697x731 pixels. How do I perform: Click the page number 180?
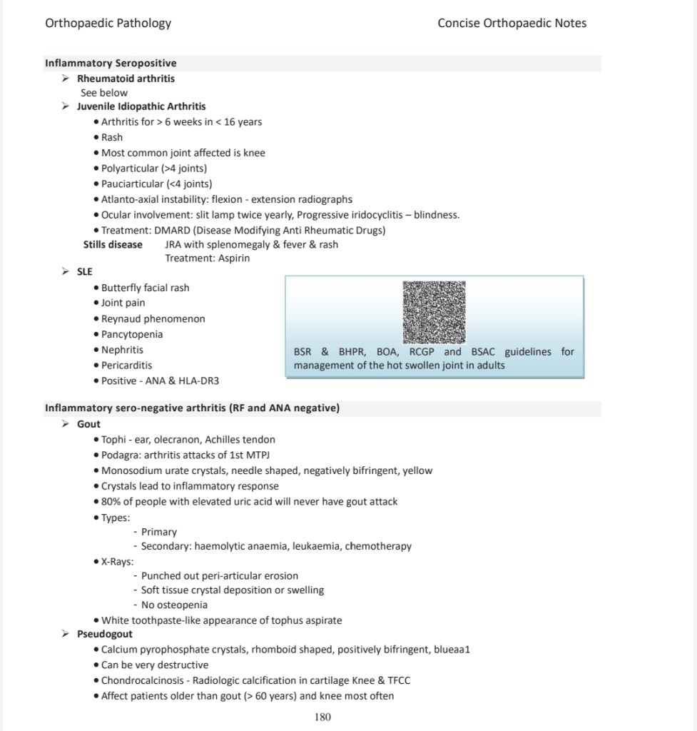tap(322, 717)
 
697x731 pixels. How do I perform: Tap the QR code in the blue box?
tap(434, 312)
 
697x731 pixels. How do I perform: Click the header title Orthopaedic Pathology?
tap(108, 23)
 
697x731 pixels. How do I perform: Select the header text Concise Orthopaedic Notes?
tap(512, 23)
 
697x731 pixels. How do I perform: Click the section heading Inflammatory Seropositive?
tap(111, 63)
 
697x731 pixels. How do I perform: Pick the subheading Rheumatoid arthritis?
tap(126, 78)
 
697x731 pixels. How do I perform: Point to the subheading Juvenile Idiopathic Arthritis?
tap(141, 106)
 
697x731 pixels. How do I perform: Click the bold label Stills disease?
tap(113, 244)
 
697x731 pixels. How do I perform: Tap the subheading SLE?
tap(85, 272)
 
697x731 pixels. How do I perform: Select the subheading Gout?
tap(88, 424)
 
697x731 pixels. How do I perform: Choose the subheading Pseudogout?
tap(104, 634)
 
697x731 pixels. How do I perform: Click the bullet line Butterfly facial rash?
tap(145, 288)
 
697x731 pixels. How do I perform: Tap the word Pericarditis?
tap(126, 365)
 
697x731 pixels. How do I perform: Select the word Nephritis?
tap(122, 350)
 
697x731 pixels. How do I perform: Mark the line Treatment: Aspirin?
tap(208, 258)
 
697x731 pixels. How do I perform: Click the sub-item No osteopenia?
tap(175, 605)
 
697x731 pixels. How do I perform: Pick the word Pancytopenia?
tap(132, 334)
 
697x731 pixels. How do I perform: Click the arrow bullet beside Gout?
tap(66, 424)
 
